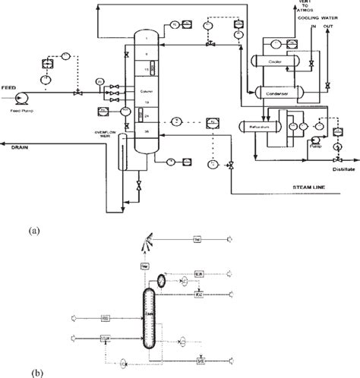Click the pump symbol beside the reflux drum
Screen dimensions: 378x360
coord(313,141)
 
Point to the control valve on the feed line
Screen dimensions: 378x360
coord(75,94)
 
